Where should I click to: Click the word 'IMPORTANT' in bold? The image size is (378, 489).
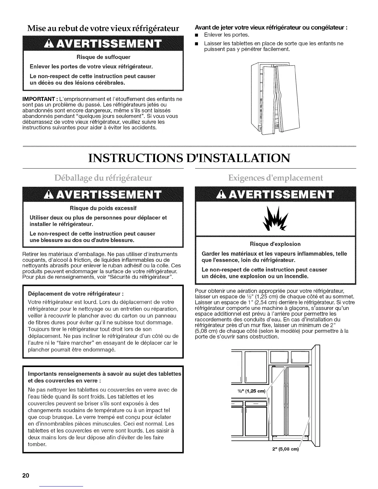click(38, 99)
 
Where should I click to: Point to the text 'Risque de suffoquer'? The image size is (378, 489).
click(103, 57)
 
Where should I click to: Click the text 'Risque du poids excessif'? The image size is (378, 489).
click(103, 208)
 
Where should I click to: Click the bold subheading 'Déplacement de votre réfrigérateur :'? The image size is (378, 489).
click(76, 293)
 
